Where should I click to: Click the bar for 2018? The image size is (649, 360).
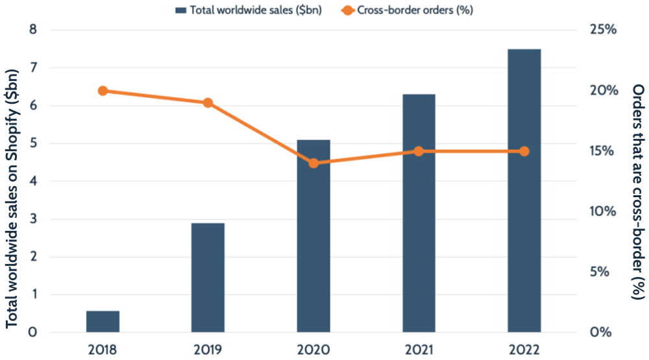coord(103,322)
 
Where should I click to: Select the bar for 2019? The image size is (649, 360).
coord(208,278)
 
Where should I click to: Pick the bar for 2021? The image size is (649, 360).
coord(419,214)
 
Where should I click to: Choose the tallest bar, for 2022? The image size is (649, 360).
coord(524,191)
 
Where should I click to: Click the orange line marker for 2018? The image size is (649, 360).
coord(103,91)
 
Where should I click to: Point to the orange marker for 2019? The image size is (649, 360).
coord(208,102)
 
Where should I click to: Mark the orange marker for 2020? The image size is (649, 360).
coord(313,163)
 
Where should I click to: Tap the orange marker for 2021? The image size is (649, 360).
coord(419,151)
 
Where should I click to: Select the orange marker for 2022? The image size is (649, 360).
coord(524,151)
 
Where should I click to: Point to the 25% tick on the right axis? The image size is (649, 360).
coord(602,30)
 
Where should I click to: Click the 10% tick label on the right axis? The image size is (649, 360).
coord(602,211)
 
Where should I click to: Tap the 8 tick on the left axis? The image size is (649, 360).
coord(33,30)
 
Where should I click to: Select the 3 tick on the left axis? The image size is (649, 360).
coord(33,219)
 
